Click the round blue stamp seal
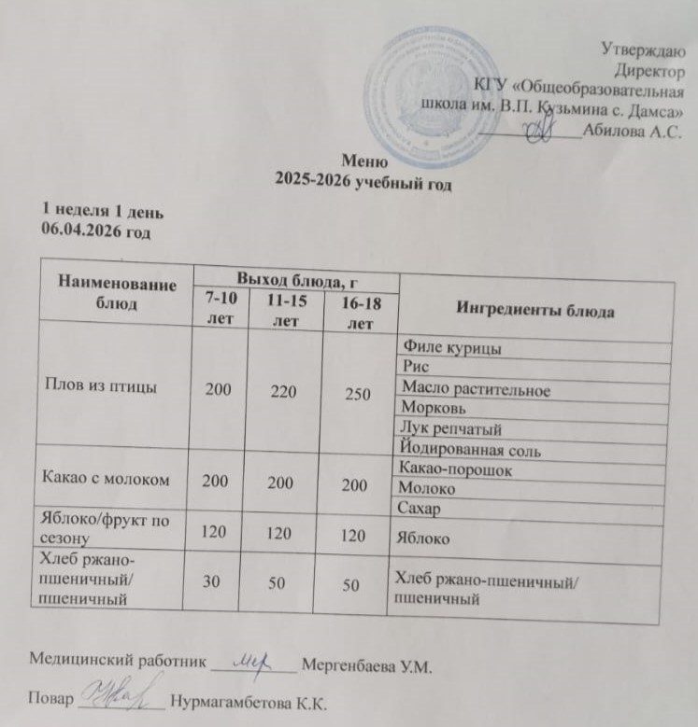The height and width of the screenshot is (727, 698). point(420,96)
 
